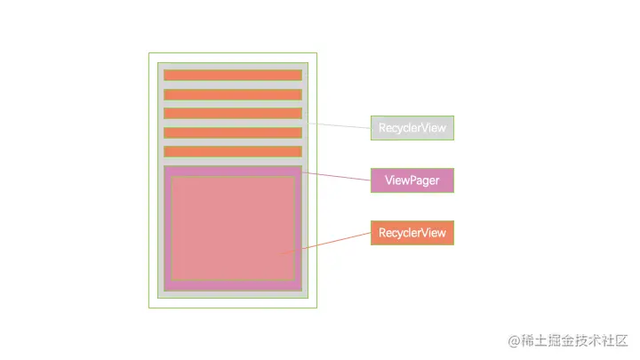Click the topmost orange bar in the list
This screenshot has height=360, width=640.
tap(233, 75)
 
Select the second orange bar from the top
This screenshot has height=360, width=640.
tap(233, 94)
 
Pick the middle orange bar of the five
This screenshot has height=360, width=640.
tap(233, 113)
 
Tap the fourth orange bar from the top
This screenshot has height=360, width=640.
tap(233, 132)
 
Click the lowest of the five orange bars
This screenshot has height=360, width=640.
tap(233, 151)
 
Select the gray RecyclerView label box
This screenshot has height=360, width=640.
tap(412, 128)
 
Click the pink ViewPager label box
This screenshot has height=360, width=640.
tap(412, 180)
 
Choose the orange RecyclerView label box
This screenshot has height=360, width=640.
tap(412, 233)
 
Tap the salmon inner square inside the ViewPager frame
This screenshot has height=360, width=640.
tap(233, 227)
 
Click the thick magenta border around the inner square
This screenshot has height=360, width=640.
tap(167, 227)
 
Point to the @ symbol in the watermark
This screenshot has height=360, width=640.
tap(514, 340)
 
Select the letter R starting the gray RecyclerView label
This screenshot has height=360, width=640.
tap(382, 128)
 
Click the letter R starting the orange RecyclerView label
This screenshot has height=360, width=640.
tap(382, 233)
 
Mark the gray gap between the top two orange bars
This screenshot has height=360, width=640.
tap(233, 84)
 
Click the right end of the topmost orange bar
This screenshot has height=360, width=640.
tap(298, 75)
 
